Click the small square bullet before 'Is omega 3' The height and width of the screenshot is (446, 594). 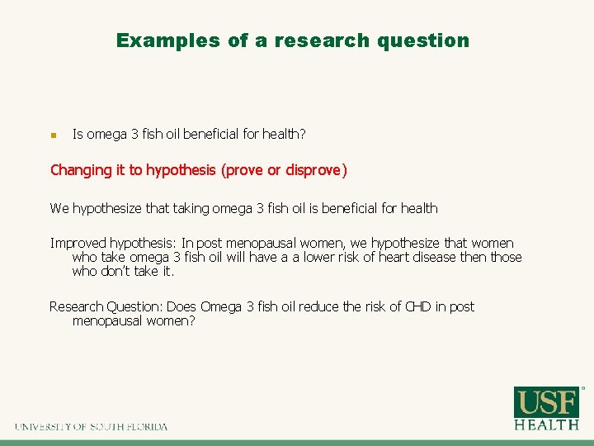53,135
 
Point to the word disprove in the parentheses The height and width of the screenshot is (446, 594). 313,170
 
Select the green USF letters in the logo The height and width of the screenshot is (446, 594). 547,402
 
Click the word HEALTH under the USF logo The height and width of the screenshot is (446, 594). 547,425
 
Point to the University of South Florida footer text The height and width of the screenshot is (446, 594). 91,427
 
